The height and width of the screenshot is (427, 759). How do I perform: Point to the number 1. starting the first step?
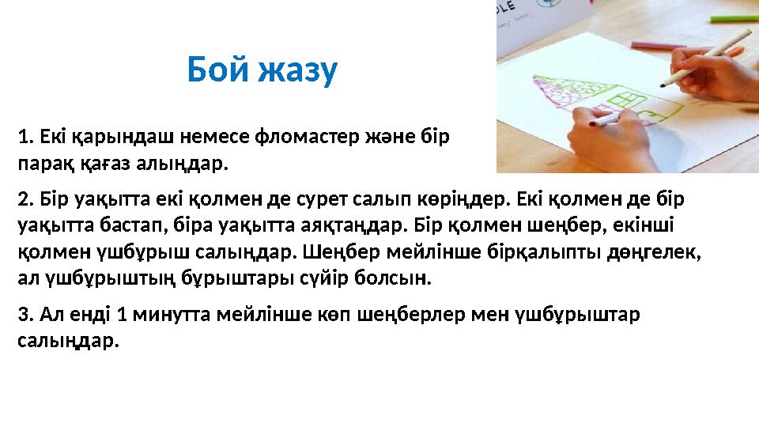(x=25, y=136)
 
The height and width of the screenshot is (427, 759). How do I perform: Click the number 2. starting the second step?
(x=25, y=196)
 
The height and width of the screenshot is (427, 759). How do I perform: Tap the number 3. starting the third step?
(x=25, y=314)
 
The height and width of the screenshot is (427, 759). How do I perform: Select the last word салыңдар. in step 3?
(x=67, y=341)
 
